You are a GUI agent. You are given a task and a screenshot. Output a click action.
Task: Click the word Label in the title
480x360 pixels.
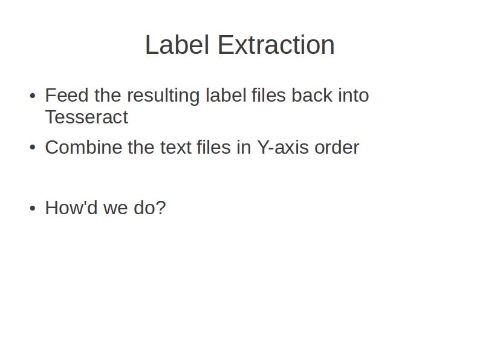click(177, 45)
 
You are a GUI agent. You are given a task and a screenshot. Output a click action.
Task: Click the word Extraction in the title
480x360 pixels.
click(276, 45)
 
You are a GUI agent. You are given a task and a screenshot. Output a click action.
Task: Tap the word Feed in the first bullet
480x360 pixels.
click(67, 95)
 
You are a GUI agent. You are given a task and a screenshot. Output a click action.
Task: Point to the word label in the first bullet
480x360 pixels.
click(226, 95)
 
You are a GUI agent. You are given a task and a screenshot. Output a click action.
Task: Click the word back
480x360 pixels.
click(311, 95)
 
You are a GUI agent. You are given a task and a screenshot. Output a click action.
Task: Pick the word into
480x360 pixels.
click(354, 95)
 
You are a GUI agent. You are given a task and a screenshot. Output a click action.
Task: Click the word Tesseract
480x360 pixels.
click(86, 117)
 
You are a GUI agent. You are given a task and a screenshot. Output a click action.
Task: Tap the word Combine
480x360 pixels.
click(83, 147)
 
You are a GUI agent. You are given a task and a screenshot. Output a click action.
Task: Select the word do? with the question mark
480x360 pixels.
click(150, 208)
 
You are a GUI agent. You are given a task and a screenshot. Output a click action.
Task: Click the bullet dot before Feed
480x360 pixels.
click(33, 96)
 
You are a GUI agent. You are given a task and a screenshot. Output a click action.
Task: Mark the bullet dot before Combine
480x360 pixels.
click(33, 148)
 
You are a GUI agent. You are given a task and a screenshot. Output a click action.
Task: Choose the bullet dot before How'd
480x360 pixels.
click(33, 208)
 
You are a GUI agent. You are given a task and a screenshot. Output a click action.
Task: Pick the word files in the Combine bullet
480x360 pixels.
click(213, 147)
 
